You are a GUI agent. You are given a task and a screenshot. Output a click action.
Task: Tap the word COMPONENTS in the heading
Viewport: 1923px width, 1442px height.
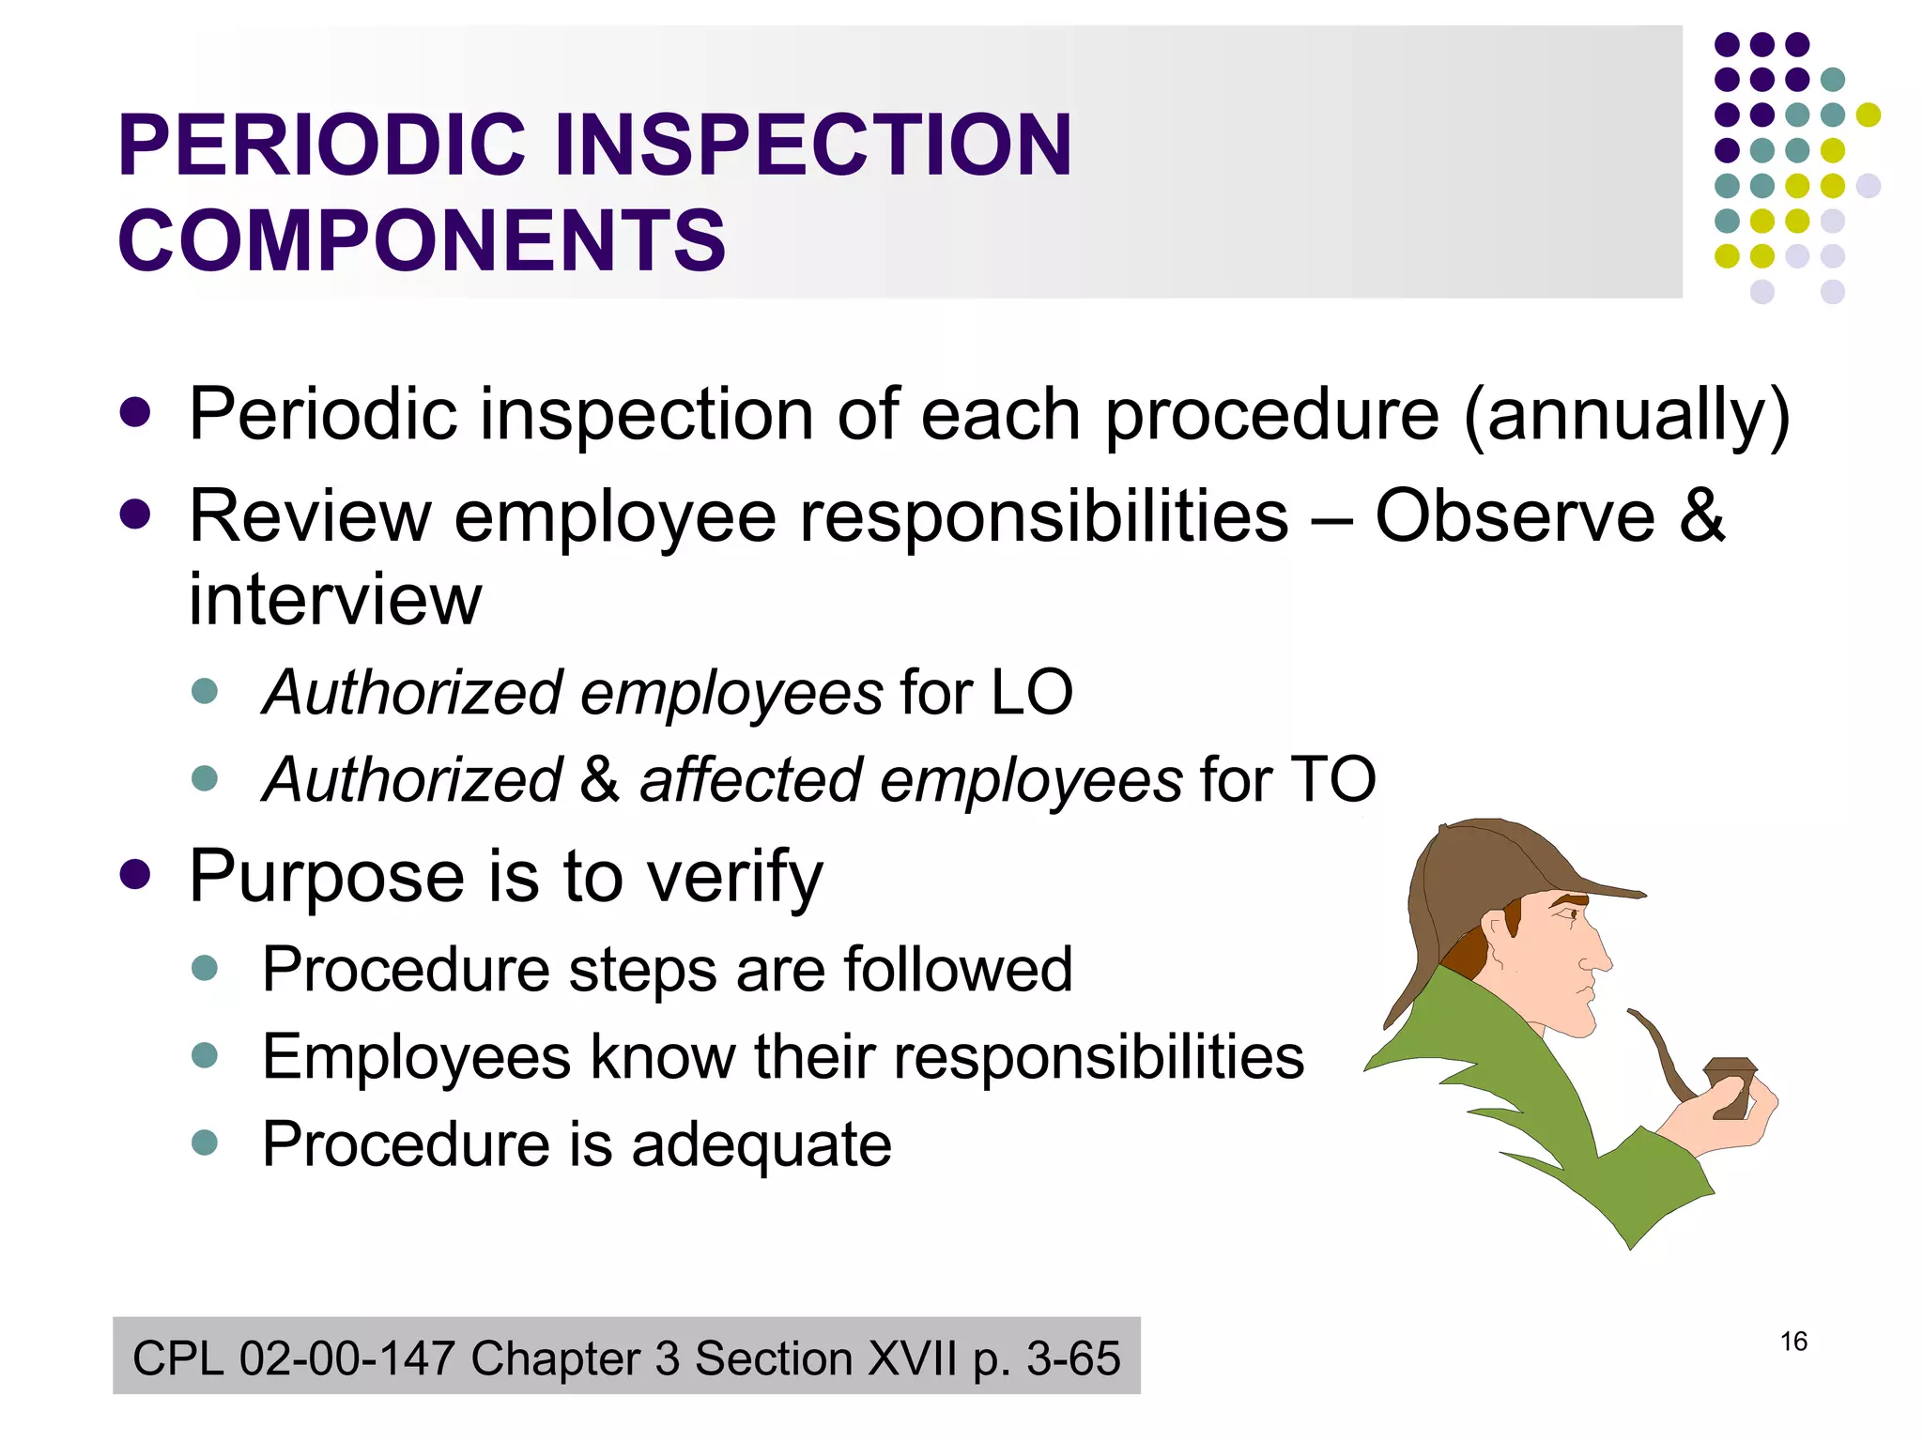pyautogui.click(x=422, y=241)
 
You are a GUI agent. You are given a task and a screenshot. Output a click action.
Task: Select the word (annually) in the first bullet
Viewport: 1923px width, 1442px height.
pyautogui.click(x=1625, y=415)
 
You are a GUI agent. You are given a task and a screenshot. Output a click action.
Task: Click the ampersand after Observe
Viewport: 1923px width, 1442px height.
pyautogui.click(x=1701, y=515)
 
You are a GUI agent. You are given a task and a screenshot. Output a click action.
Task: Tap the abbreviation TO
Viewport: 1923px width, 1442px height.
pyautogui.click(x=1332, y=779)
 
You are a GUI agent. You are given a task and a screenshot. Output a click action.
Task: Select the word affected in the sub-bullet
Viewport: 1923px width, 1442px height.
pyautogui.click(x=748, y=779)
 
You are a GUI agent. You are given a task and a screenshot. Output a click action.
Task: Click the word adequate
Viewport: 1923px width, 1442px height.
pyautogui.click(x=761, y=1144)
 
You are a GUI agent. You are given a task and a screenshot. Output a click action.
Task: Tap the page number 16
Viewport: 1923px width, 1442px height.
pyautogui.click(x=1792, y=1342)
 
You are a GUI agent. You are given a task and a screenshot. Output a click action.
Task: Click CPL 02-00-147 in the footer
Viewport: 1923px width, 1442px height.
pyautogui.click(x=294, y=1358)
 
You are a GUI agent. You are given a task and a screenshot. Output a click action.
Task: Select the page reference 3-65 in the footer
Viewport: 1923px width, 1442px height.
pyautogui.click(x=1072, y=1358)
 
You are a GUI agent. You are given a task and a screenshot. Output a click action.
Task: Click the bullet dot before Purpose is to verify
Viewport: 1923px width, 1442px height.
pyautogui.click(x=135, y=875)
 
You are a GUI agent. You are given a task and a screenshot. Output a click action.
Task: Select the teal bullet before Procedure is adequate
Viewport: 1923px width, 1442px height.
pyautogui.click(x=204, y=1143)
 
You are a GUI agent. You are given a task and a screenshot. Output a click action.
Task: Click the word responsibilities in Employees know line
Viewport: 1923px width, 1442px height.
pyautogui.click(x=1098, y=1057)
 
